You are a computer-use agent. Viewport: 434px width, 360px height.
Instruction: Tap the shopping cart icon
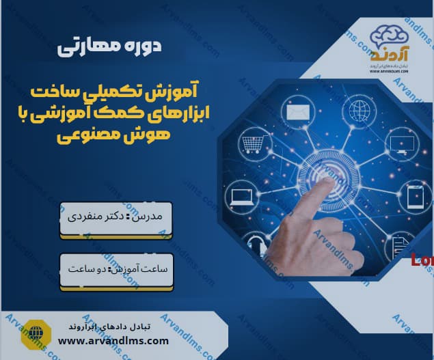252,144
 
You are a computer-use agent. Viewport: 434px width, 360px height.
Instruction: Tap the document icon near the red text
401,247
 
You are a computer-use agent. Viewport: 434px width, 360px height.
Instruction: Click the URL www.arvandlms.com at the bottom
113,340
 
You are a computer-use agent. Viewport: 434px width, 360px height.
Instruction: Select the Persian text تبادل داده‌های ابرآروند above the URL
113,326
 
